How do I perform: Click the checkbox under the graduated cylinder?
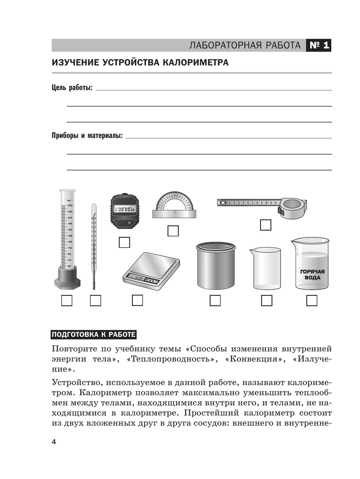pos(67,300)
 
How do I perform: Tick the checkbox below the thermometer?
pos(95,300)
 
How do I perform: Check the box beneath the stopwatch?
pos(124,242)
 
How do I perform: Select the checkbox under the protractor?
pos(173,231)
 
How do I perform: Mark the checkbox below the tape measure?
pos(265,225)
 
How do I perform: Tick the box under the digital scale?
pos(137,300)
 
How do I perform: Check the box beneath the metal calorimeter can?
pos(215,300)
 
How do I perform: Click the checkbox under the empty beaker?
pos(267,300)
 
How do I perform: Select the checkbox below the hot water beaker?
pos(312,300)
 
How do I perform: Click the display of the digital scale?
pos(140,278)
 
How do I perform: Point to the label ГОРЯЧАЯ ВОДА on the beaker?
pos(312,275)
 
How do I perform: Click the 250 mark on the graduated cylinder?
pos(70,206)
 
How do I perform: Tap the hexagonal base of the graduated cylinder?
pos(67,282)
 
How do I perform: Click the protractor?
pos(174,204)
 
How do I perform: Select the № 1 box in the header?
pos(319,45)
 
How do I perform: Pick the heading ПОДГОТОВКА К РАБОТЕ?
pos(94,335)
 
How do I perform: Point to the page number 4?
pos(54,442)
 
